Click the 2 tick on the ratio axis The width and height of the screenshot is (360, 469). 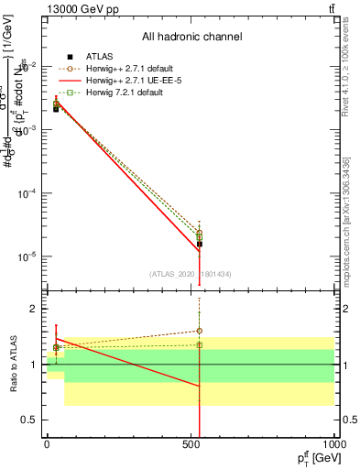[31, 310]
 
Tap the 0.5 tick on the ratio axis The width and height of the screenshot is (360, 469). [27, 420]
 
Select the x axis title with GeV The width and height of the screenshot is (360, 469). [313, 457]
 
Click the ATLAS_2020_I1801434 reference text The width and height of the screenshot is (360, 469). [191, 274]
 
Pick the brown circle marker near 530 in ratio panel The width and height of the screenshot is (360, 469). [200, 331]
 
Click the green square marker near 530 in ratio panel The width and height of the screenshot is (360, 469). [200, 344]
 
